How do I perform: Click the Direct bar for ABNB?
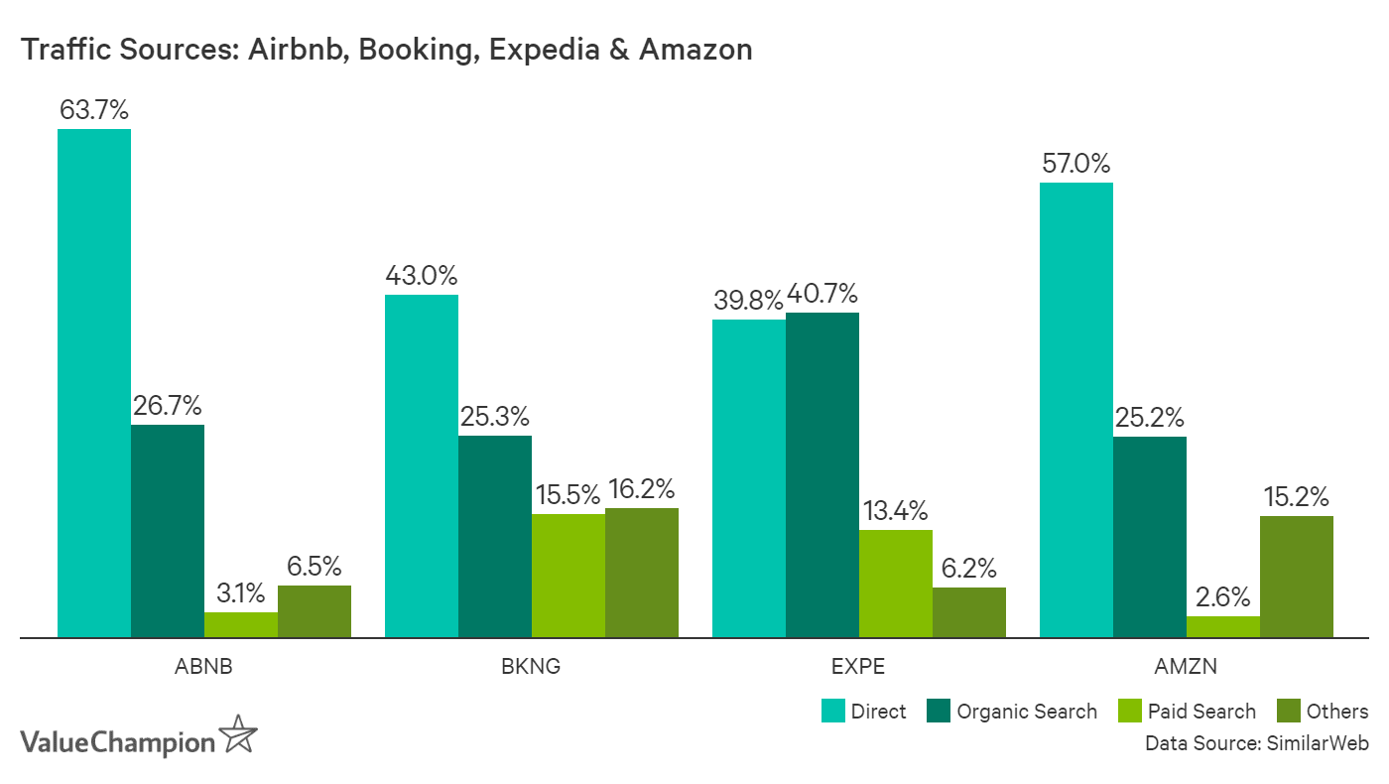tap(94, 383)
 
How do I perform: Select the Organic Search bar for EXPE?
tap(821, 474)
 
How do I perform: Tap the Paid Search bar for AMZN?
tap(1222, 626)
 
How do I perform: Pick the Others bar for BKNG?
tap(641, 573)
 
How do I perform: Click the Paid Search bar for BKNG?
tap(568, 576)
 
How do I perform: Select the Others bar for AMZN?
tap(1296, 577)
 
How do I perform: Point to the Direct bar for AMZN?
tap(1075, 409)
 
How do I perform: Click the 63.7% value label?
tap(94, 110)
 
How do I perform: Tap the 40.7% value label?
tap(822, 294)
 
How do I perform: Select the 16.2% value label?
tap(641, 489)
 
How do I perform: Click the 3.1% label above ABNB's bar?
tap(240, 593)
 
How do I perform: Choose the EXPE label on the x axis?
tap(858, 666)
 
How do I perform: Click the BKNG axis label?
tap(531, 666)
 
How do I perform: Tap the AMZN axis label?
tap(1186, 666)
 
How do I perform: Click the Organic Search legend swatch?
tap(938, 712)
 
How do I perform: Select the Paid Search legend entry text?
tap(1201, 712)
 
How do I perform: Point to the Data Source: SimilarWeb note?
tap(1256, 743)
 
